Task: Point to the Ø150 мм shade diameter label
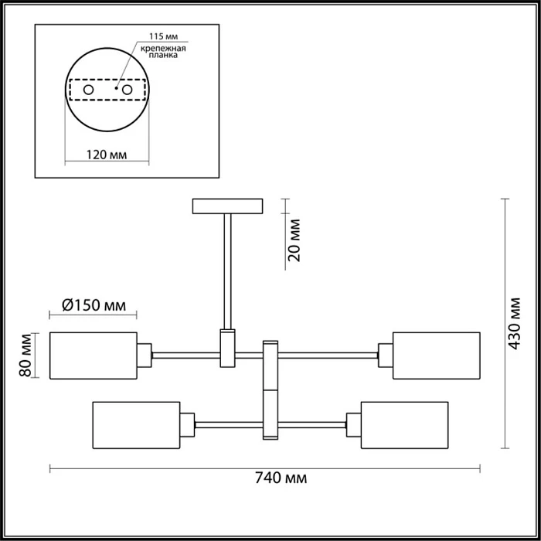tap(93, 305)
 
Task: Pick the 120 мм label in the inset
tap(106, 155)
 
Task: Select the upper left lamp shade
tap(93, 356)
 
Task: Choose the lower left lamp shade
tap(136, 424)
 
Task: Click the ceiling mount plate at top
tap(227, 206)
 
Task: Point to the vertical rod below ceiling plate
tap(227, 270)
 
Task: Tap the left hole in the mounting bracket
tap(89, 90)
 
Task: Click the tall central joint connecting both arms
tap(270, 390)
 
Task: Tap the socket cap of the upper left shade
tap(145, 356)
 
